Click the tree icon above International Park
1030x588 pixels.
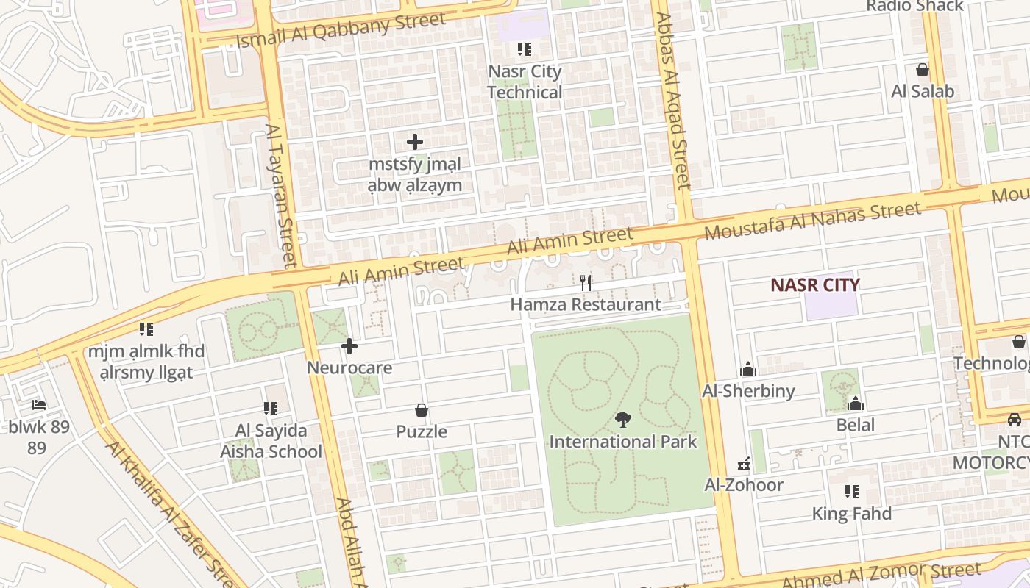pos(623,420)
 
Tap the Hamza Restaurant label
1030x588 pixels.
pos(586,304)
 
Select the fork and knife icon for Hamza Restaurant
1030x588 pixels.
pos(586,282)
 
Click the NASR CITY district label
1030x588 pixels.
pos(814,284)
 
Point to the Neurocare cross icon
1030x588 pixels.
pos(349,345)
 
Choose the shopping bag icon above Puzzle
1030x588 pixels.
pos(422,410)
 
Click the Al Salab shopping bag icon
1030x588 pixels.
pos(922,71)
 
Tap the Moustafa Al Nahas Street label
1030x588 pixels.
pos(812,221)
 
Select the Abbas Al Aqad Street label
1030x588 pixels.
pos(672,101)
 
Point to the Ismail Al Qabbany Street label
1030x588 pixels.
pos(341,30)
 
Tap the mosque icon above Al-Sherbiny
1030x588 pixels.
pos(748,369)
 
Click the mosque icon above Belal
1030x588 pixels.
pos(855,404)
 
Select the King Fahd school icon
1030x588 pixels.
pos(851,492)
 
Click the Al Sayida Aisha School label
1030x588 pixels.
pos(271,441)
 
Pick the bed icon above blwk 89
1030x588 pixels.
pos(38,405)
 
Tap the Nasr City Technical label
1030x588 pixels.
pos(525,82)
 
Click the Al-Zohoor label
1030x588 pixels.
pos(744,484)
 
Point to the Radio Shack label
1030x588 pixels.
pos(914,6)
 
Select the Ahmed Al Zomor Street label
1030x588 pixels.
pos(881,576)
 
